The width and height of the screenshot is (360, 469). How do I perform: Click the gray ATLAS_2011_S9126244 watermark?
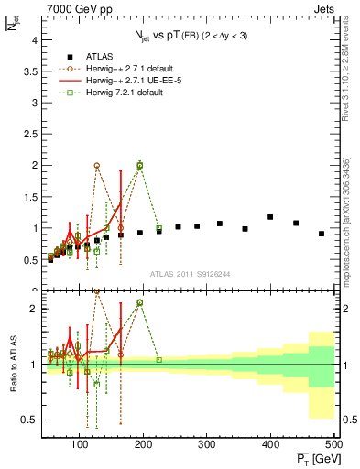click(190, 274)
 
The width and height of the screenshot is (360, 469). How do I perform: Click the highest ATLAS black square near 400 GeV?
click(270, 217)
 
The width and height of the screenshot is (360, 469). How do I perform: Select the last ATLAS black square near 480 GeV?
click(322, 234)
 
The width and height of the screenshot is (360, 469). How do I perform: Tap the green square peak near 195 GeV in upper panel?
click(140, 166)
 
